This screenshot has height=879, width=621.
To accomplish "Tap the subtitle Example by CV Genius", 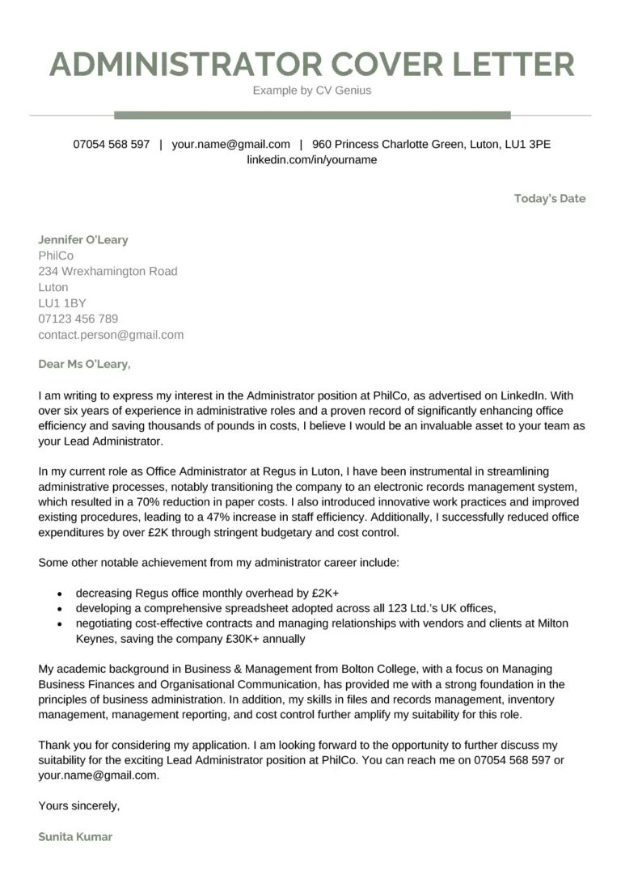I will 311,91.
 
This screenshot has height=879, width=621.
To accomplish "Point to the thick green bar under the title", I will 312,115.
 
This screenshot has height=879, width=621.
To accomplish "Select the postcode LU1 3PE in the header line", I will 528,144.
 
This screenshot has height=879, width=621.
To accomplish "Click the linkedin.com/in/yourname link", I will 311,160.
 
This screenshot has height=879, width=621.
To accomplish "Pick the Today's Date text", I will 549,199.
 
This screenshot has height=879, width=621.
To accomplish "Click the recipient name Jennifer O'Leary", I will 82,240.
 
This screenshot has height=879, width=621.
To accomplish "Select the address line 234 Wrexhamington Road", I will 108,271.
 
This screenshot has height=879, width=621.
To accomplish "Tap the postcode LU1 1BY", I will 61,302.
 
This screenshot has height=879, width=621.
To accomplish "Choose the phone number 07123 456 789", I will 78,319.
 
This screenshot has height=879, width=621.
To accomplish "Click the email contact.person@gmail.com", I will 111,334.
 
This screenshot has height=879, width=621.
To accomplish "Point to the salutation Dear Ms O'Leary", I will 83,364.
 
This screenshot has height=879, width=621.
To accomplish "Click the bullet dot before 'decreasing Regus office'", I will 61,593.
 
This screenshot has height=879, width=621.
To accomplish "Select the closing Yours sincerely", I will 78,805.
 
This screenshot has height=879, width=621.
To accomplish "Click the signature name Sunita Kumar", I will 75,837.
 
